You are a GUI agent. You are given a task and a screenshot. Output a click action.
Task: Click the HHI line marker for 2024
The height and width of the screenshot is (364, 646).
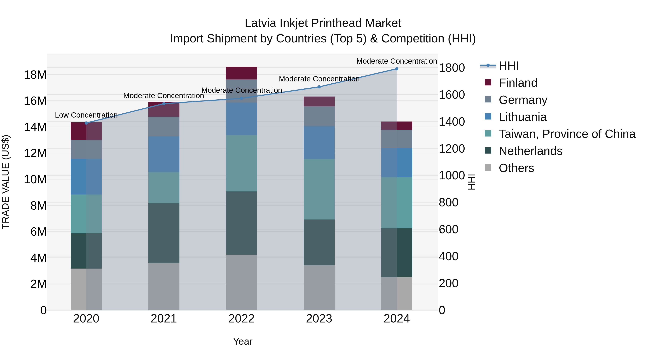point(396,69)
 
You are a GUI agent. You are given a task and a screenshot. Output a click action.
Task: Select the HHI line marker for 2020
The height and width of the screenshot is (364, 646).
point(86,123)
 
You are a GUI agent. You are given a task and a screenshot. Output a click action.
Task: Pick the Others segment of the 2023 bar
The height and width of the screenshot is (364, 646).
point(319,287)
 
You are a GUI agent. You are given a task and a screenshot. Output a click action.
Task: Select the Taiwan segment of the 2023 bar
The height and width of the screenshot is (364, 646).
point(319,189)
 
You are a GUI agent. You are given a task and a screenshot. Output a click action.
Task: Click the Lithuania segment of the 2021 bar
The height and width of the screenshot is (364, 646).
point(164,154)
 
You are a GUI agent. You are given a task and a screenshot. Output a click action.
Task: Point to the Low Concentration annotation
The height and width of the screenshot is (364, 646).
point(86,115)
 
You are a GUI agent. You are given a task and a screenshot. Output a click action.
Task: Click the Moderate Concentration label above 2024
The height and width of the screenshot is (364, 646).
point(396,61)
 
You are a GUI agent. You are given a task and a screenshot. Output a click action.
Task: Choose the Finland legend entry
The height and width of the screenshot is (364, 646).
point(518,83)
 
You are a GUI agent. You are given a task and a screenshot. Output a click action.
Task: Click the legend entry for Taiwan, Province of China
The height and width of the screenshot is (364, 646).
point(567,134)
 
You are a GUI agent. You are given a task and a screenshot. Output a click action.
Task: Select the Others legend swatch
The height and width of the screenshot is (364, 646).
point(488,168)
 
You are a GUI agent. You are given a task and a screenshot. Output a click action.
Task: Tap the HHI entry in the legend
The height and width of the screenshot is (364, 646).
point(508,66)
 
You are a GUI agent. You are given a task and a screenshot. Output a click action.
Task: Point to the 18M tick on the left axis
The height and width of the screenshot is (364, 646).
point(35,75)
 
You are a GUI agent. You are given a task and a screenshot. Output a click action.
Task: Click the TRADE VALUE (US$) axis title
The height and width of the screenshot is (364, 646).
point(6,182)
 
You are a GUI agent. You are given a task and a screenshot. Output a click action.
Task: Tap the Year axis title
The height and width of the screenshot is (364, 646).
point(242,341)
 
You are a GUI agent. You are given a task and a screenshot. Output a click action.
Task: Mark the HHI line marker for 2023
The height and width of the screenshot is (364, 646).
point(319,87)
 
